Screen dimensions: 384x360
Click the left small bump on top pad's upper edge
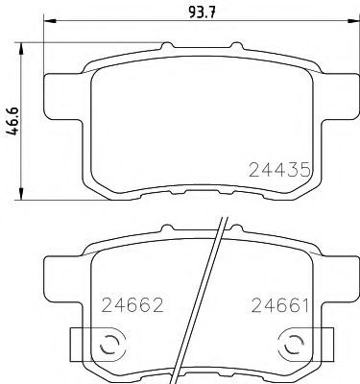click(169, 45)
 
